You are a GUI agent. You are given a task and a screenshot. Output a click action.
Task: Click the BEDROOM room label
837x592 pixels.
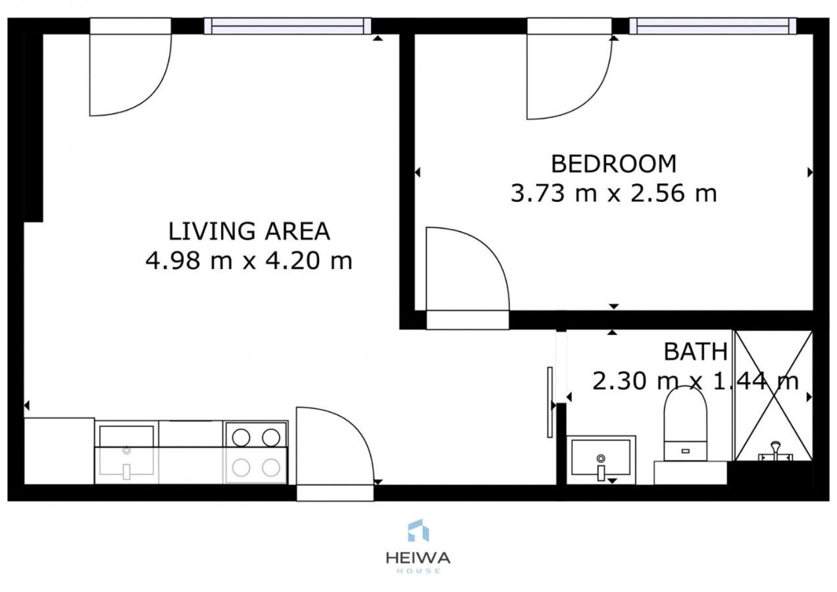coord(613,164)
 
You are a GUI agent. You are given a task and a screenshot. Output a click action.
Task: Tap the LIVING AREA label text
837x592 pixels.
coord(249,231)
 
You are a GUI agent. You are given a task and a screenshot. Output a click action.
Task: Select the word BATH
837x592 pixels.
coord(696,351)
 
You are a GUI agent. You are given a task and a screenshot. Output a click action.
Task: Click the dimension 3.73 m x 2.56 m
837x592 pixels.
coord(613,193)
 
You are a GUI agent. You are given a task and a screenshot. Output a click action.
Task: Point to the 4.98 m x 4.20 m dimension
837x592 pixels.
coord(249,260)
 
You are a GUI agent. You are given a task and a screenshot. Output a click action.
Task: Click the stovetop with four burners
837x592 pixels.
coord(255,453)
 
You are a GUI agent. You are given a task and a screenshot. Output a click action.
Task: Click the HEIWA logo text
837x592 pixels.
coord(418,558)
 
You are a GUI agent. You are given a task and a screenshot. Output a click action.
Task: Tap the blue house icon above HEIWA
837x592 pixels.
coord(418,530)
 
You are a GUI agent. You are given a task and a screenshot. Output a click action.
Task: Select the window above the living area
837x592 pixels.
coord(288,26)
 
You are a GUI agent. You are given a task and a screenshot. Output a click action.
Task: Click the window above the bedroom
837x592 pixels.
coord(713,26)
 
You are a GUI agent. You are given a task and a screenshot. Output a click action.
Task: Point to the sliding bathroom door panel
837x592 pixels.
coord(549,403)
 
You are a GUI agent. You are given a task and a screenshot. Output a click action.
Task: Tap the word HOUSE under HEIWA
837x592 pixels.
coord(418,571)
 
